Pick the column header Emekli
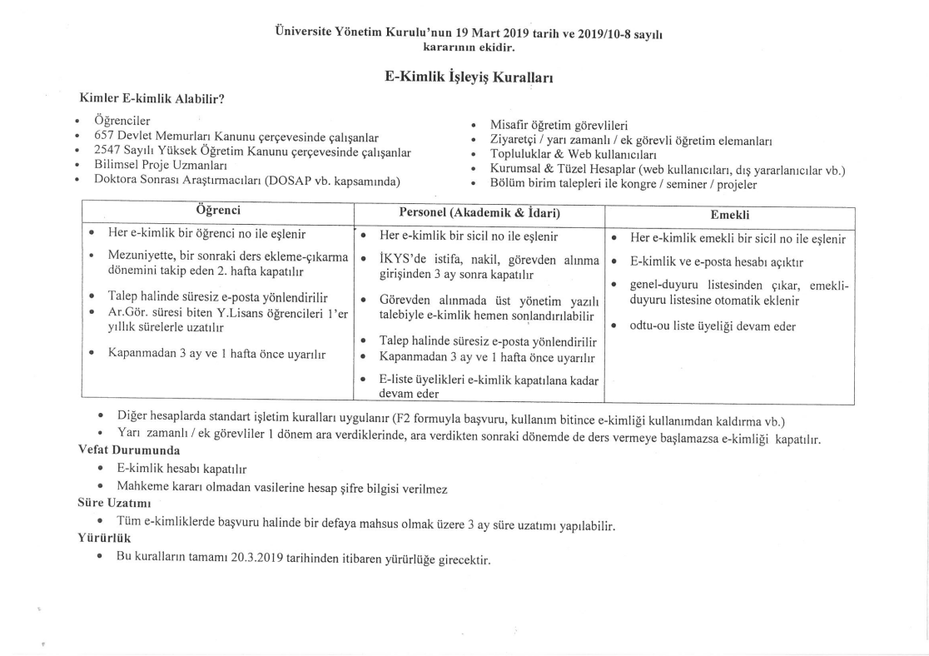[730, 214]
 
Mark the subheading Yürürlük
[101, 538]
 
